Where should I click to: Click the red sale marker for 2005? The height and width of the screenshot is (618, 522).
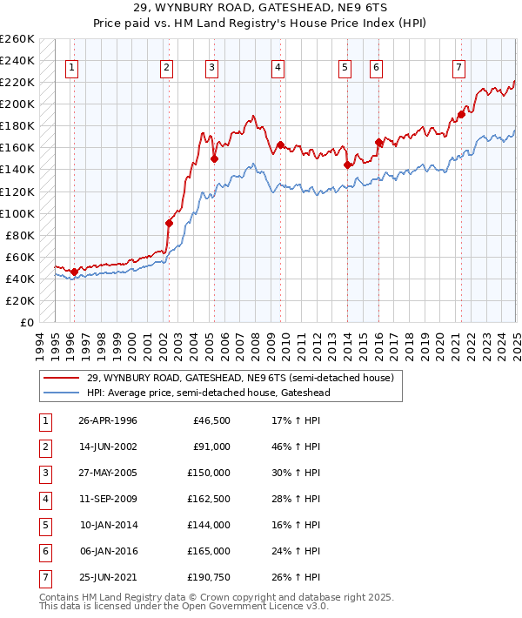click(214, 159)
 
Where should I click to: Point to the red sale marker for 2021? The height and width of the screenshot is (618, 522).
click(461, 114)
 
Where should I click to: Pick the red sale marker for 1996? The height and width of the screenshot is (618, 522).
click(74, 272)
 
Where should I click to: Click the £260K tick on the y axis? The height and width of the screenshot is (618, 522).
click(17, 39)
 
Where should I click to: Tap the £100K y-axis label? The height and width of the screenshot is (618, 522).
click(17, 213)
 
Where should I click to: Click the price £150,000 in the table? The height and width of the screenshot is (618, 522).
click(209, 473)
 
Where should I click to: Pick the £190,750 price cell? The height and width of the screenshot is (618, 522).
click(209, 577)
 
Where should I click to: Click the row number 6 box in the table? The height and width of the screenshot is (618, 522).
click(44, 551)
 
